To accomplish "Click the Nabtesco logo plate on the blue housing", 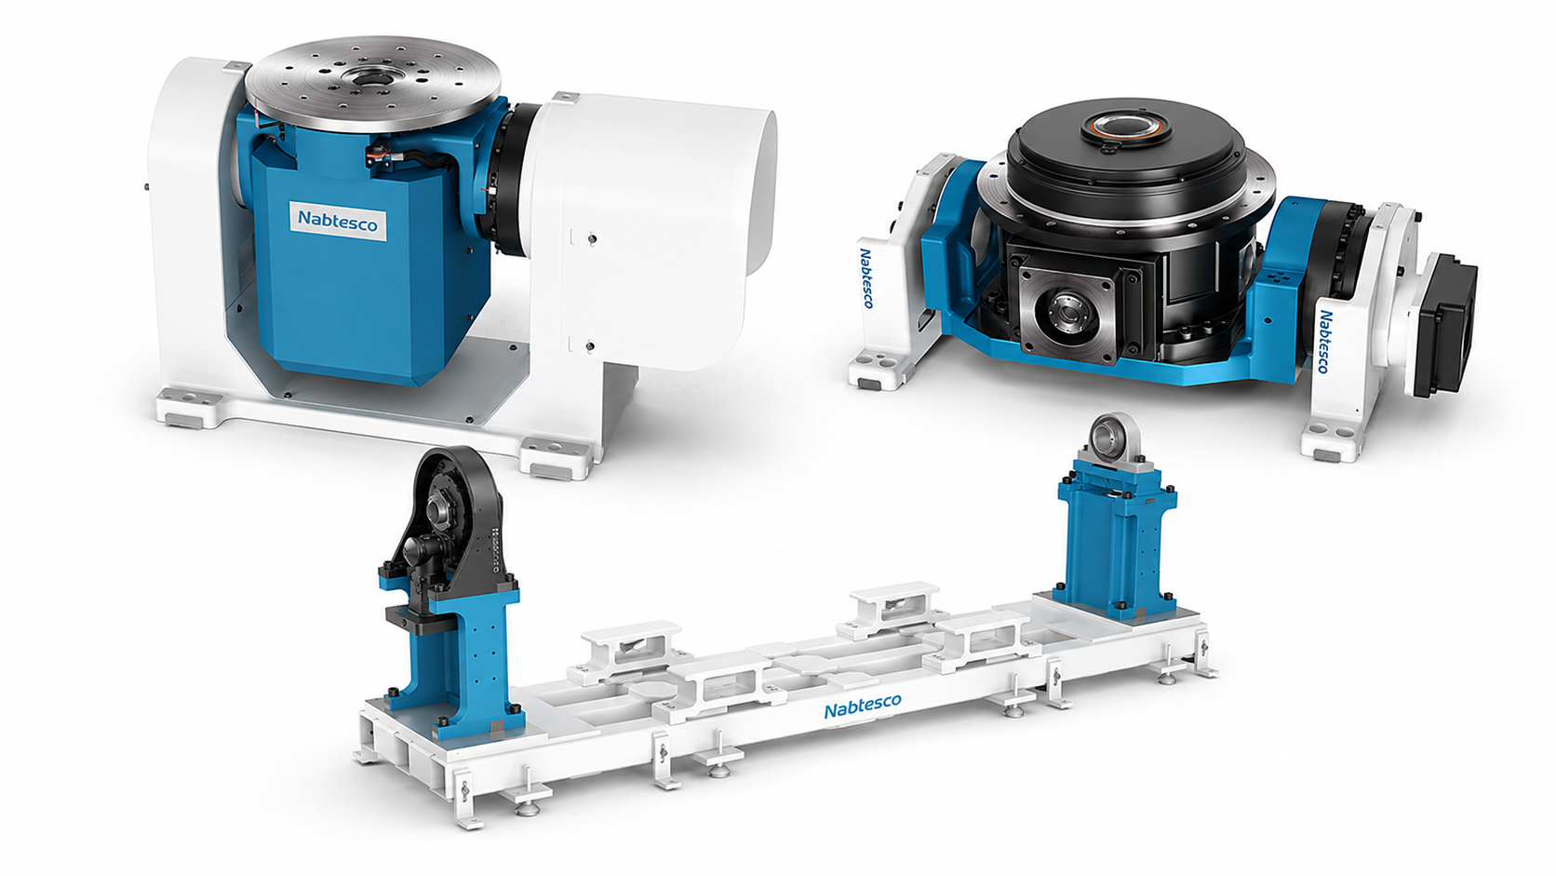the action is (338, 221).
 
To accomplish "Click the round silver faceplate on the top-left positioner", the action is (372, 85).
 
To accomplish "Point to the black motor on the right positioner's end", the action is (1446, 324).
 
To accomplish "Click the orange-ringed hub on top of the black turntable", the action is (1126, 130).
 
